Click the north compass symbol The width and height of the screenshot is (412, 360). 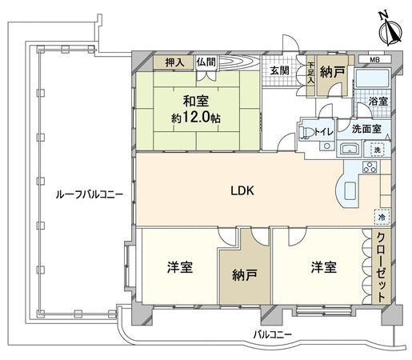point(390,31)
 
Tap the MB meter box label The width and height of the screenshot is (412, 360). point(374,60)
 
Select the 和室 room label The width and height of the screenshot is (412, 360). point(196,102)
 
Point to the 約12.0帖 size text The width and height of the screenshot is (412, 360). point(195,118)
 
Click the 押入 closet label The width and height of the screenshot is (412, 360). point(174,62)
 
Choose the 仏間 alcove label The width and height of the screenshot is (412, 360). point(206,62)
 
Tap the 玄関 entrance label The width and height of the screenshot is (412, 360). point(279,71)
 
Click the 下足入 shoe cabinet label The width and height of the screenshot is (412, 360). point(310,74)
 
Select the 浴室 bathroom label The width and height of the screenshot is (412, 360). point(378,102)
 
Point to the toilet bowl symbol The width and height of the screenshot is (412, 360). point(304,133)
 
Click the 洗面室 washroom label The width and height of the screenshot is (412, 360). point(366,129)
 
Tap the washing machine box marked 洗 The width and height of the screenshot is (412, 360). point(377,150)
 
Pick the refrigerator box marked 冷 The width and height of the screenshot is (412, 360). point(382,217)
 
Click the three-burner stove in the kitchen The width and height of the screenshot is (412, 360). point(370,167)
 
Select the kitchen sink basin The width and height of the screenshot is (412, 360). point(350,190)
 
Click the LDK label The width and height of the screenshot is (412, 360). point(242,190)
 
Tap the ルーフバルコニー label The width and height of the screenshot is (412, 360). point(89,194)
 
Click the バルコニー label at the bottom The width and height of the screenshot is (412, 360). point(272,334)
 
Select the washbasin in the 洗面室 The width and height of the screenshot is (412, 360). point(349,149)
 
